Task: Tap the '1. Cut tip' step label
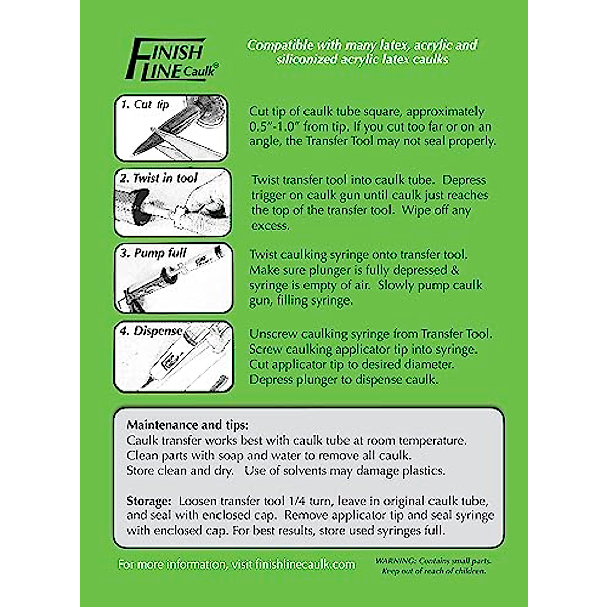coord(145,105)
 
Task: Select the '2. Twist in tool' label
coord(158,178)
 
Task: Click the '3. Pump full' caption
coord(153,253)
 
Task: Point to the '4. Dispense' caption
coord(151,331)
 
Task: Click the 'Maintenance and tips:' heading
coord(188,425)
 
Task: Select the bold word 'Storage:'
coord(149,501)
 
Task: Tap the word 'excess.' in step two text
coord(271,226)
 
